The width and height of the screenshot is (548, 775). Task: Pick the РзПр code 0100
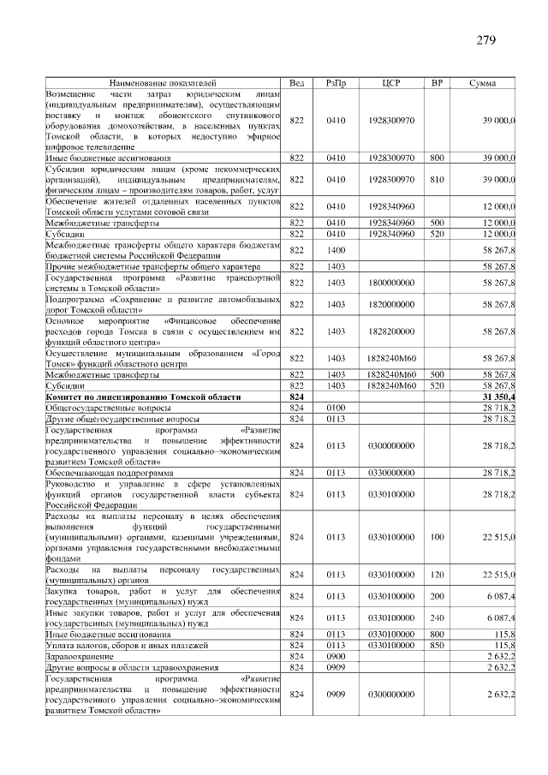point(336,408)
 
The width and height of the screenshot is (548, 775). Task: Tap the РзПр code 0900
point(336,655)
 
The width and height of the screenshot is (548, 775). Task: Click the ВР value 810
point(437,180)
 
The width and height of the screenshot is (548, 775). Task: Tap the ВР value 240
point(437,617)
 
